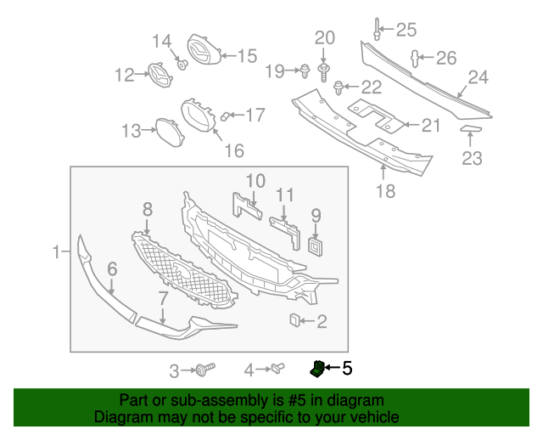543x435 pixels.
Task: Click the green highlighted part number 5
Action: pyautogui.click(x=316, y=368)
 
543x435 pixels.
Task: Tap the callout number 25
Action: pyautogui.click(x=406, y=31)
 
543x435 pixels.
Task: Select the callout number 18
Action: pyautogui.click(x=385, y=192)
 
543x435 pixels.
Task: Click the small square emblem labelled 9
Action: pyautogui.click(x=316, y=246)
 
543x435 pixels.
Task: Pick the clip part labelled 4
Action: pyautogui.click(x=277, y=369)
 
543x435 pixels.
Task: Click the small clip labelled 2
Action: pyautogui.click(x=295, y=320)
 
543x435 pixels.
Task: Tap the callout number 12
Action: pyautogui.click(x=125, y=75)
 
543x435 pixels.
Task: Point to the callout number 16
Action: pyautogui.click(x=233, y=150)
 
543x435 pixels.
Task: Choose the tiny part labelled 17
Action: pyautogui.click(x=225, y=116)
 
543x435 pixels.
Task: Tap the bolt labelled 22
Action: pyautogui.click(x=339, y=86)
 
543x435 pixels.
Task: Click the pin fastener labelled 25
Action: pyautogui.click(x=376, y=31)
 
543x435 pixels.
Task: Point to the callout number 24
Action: pyautogui.click(x=478, y=78)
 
